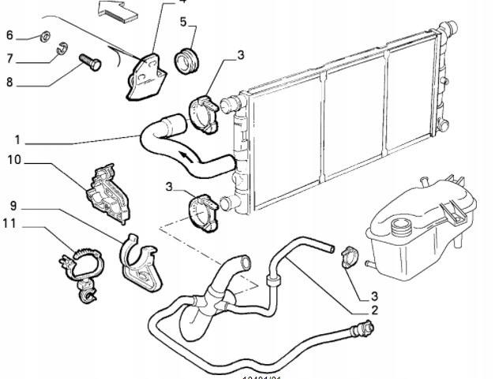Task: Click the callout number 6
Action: coord(10,35)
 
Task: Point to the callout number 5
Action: coord(183,21)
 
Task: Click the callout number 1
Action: coord(17,141)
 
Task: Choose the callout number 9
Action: coord(13,206)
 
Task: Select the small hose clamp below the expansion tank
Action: coord(348,256)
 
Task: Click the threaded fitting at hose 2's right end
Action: coord(365,332)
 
